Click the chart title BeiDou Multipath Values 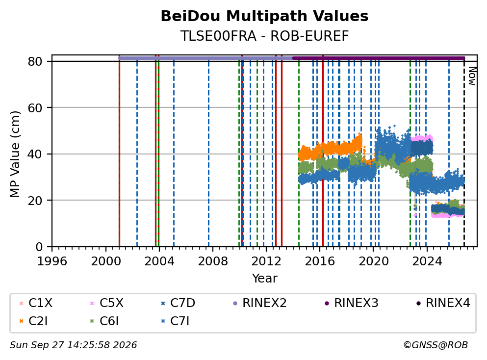click(264, 16)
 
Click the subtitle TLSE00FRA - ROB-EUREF click(264, 36)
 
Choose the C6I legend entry click(104, 321)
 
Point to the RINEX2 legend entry click(259, 303)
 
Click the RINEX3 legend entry click(352, 303)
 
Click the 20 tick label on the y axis click(35, 201)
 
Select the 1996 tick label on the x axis click(52, 261)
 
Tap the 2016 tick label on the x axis click(320, 261)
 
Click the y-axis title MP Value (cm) click(15, 154)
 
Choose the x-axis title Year click(264, 278)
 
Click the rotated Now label click(472, 76)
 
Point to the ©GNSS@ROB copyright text click(436, 345)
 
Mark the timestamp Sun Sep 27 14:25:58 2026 click(73, 345)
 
